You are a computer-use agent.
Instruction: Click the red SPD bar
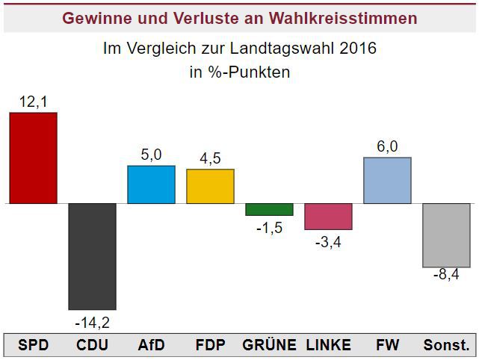pyautogui.click(x=33, y=158)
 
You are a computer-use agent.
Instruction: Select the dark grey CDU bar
pyautogui.click(x=92, y=256)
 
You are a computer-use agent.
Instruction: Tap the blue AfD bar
pyautogui.click(x=151, y=184)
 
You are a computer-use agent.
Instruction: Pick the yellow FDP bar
pyautogui.click(x=210, y=186)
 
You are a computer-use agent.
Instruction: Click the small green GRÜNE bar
pyautogui.click(x=269, y=209)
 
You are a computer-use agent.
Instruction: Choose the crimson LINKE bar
pyautogui.click(x=328, y=216)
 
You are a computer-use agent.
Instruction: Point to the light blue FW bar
pyautogui.click(x=387, y=180)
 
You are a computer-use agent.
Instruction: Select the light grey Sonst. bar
pyautogui.click(x=446, y=235)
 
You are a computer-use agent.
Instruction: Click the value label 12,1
pyautogui.click(x=33, y=102)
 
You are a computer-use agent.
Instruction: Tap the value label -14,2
pyautogui.click(x=93, y=323)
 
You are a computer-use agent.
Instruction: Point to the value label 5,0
pyautogui.click(x=151, y=155)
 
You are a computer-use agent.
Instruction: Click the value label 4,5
pyautogui.click(x=210, y=158)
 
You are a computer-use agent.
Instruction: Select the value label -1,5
pyautogui.click(x=269, y=228)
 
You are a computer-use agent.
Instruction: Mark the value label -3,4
pyautogui.click(x=328, y=242)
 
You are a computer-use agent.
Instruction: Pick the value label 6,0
pyautogui.click(x=387, y=146)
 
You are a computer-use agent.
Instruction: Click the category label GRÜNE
pyautogui.click(x=269, y=345)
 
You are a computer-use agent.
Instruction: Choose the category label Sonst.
pyautogui.click(x=447, y=345)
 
